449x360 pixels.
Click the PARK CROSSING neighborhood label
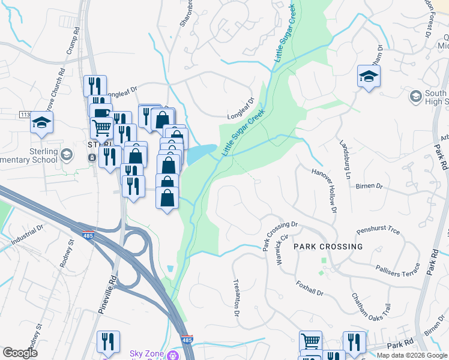[328, 247]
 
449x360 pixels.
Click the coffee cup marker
[100, 113]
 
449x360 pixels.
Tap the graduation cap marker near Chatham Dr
[369, 76]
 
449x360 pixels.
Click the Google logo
[20, 353]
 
